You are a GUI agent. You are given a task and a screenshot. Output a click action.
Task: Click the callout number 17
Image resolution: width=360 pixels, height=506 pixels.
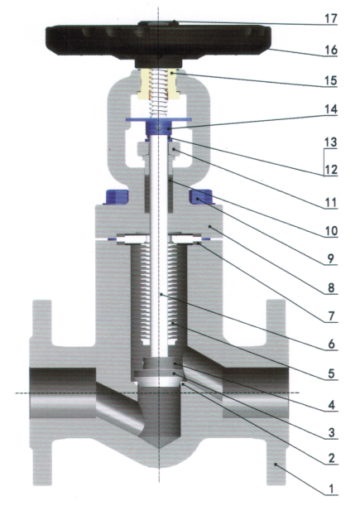point(331,19)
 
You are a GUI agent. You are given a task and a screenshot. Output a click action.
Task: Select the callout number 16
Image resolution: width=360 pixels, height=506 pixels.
point(331,50)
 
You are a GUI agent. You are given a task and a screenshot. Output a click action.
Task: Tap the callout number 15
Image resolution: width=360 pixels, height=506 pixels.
point(331,80)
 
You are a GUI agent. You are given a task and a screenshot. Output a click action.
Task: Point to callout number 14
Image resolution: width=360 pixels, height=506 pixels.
point(331,109)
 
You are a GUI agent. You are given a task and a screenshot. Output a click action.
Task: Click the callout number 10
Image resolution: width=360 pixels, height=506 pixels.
point(331,231)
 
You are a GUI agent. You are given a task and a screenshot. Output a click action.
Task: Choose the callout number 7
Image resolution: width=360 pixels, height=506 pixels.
point(331,316)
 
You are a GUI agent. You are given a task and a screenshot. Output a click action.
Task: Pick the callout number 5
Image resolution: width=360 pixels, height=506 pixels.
point(331,373)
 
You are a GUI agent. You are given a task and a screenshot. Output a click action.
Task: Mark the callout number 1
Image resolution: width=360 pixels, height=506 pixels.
point(331,489)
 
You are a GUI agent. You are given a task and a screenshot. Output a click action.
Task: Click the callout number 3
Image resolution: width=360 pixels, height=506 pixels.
point(331,433)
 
